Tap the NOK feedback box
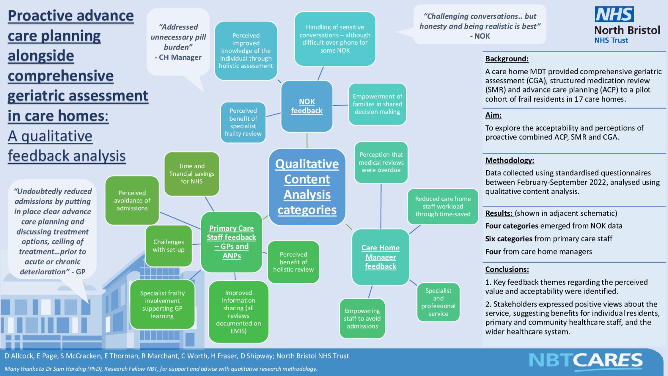point(307,106)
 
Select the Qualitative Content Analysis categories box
point(307,187)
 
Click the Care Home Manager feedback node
point(380,257)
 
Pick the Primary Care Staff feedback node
point(231,242)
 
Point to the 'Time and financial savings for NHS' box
point(192,174)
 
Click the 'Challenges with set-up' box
point(168,246)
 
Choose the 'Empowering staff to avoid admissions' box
point(362,318)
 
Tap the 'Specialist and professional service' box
point(438,302)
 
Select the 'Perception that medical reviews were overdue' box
point(381,162)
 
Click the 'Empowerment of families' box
point(377,104)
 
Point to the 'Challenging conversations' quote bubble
point(480,25)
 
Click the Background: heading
point(507,59)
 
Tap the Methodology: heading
point(509,160)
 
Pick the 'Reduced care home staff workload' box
point(443,206)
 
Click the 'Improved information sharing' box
point(238,311)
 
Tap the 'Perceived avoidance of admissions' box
point(132,200)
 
